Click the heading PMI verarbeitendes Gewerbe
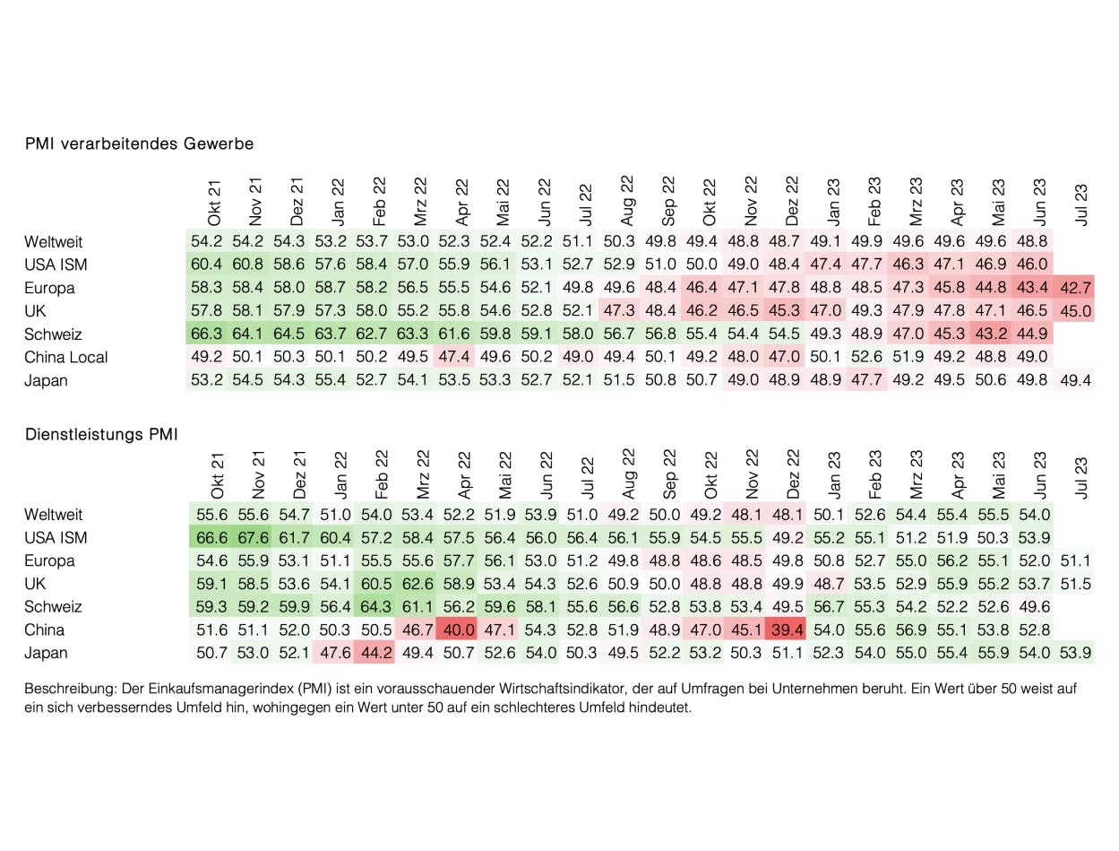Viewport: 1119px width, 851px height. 139,143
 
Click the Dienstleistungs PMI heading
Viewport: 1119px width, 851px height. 101,435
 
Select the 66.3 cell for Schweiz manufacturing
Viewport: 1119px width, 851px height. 208,334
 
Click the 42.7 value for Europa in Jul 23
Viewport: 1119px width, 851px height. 1075,288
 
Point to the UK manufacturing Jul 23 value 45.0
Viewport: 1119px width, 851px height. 1075,311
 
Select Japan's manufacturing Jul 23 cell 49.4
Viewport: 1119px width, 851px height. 1075,380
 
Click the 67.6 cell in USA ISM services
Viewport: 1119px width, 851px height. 254,537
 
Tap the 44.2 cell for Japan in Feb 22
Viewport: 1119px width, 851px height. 376,653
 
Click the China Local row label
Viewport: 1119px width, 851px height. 66,357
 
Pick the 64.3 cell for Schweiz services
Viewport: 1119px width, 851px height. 376,606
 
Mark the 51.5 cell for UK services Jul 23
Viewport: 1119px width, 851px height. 1075,584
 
